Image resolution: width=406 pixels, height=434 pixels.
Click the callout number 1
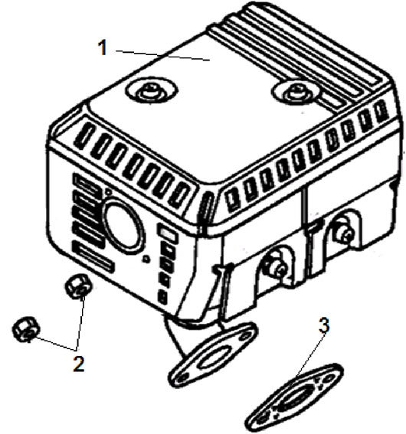[x=103, y=47]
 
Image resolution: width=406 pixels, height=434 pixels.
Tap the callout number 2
[x=79, y=364]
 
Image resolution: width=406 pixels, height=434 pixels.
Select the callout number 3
[x=324, y=325]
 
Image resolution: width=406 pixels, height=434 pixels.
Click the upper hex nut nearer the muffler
[x=78, y=286]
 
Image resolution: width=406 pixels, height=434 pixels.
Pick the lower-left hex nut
[x=27, y=329]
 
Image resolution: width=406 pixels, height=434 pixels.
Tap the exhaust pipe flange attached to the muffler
[x=213, y=354]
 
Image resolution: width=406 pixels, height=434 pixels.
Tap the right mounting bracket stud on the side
[x=344, y=230]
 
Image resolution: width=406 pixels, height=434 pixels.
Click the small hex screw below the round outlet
[x=146, y=259]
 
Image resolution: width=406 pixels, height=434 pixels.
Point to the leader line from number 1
[x=162, y=55]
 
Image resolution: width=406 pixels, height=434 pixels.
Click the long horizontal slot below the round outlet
[x=93, y=258]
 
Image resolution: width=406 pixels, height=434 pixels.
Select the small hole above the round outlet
[x=109, y=191]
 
